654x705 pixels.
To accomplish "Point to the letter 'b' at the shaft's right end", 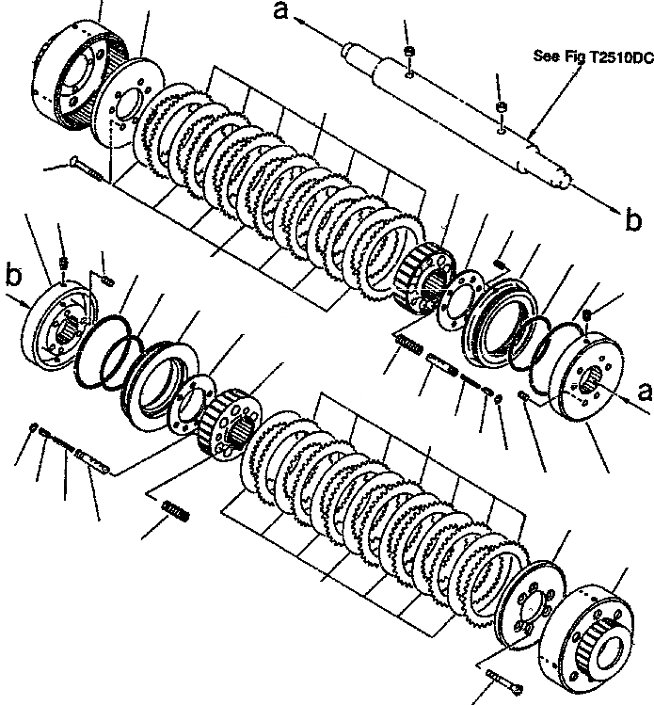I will pyautogui.click(x=633, y=220).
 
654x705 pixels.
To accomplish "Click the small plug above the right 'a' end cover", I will pyautogui.click(x=585, y=313).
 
